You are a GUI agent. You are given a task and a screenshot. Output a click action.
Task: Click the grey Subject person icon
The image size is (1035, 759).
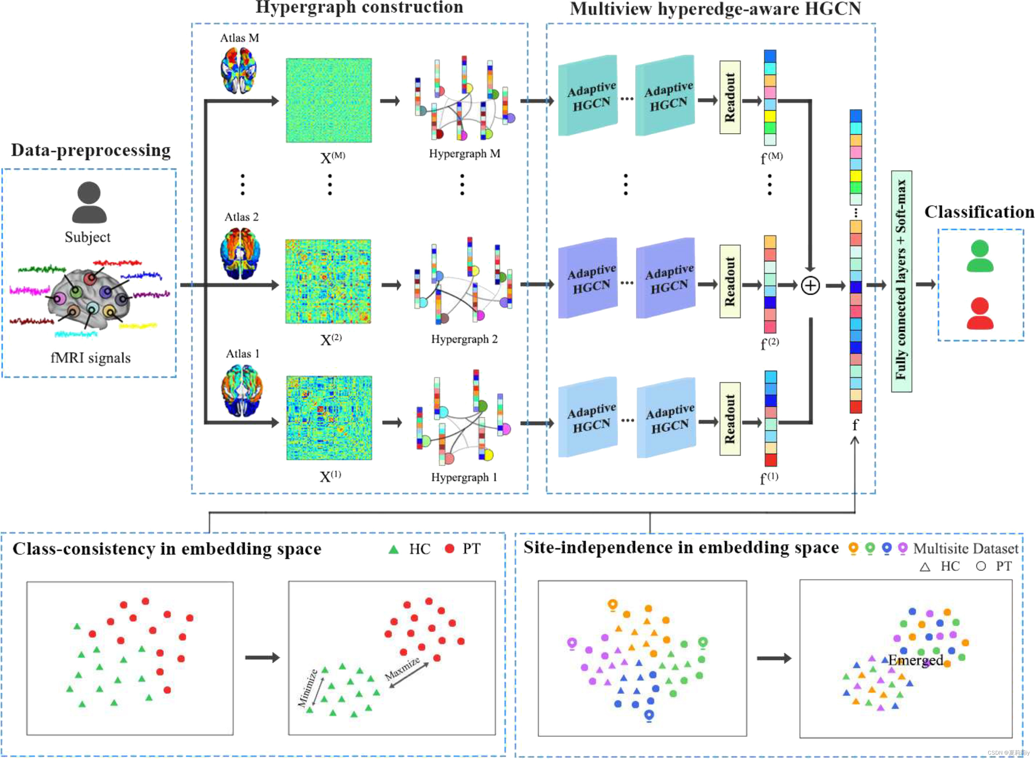[89, 203]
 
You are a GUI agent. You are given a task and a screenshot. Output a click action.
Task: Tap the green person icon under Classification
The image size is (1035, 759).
[980, 256]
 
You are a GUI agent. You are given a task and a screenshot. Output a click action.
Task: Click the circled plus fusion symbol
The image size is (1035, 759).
[810, 286]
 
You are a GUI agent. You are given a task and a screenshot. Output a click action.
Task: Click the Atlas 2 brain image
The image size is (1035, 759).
[241, 254]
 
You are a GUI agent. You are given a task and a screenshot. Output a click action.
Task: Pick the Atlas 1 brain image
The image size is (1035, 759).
[242, 391]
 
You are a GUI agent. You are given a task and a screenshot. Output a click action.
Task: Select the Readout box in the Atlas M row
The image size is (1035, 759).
[730, 97]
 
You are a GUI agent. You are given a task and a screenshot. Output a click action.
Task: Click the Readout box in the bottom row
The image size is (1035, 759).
[730, 419]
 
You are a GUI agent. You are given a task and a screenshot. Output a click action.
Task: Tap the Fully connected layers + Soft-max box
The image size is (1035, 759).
[901, 281]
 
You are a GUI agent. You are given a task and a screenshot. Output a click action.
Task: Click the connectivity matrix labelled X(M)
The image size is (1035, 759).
[329, 100]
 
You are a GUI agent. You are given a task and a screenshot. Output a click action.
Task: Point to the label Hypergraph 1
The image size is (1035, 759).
[464, 477]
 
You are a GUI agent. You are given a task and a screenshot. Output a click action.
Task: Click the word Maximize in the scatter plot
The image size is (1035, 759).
[402, 669]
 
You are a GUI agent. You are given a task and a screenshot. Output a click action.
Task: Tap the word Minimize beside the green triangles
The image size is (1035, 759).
[307, 688]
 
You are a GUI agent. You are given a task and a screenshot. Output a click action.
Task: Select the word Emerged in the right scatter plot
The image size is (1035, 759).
[915, 660]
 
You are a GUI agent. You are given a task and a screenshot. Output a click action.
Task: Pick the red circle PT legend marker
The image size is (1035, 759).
[450, 549]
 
